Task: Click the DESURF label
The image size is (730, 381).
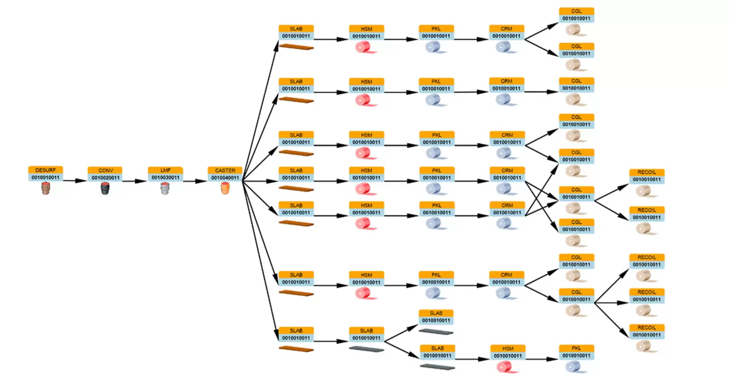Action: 45,170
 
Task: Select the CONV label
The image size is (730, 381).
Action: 105,170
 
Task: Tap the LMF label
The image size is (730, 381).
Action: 165,170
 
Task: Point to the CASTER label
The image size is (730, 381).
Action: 225,170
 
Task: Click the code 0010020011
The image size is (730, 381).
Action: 105,178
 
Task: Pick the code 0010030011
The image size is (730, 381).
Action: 165,178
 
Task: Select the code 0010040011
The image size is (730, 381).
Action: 225,178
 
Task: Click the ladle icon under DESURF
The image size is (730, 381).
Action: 45,189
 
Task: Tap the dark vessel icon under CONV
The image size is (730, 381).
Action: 105,189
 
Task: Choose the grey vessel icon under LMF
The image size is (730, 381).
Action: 165,189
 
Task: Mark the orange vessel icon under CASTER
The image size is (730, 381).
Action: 225,189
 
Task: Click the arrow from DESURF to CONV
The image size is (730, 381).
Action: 75,181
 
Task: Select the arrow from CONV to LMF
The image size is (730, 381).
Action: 135,181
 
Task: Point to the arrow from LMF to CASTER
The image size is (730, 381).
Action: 195,181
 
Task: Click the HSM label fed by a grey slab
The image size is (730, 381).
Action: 508,348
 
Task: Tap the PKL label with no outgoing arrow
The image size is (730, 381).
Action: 577,348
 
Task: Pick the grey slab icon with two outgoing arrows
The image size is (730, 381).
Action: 366,348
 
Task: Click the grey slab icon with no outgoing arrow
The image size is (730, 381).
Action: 436,331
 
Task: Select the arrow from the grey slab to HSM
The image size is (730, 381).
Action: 472,359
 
